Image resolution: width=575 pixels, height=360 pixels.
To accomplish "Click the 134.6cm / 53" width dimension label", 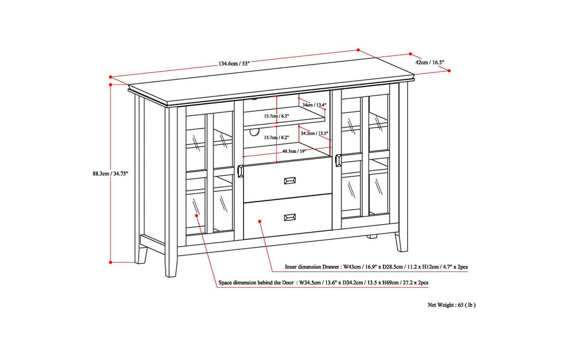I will click(234, 63).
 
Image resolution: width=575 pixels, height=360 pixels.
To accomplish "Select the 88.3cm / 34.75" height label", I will click(111, 174).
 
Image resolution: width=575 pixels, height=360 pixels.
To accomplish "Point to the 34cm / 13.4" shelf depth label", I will click(314, 104).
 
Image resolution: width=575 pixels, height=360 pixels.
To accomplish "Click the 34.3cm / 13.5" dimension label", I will click(314, 133).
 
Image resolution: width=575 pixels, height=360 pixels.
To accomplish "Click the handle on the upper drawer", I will click(290, 180).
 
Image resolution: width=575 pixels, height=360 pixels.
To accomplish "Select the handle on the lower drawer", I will click(290, 216).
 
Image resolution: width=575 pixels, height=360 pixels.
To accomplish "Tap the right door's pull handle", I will click(337, 161).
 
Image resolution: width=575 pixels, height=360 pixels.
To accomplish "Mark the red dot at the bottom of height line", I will click(111, 262).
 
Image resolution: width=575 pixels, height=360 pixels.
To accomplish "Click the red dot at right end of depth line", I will click(449, 70).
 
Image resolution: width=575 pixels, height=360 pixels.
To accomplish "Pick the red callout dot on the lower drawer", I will click(259, 222).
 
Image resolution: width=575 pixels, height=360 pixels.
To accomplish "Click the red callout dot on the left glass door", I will click(196, 215).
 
